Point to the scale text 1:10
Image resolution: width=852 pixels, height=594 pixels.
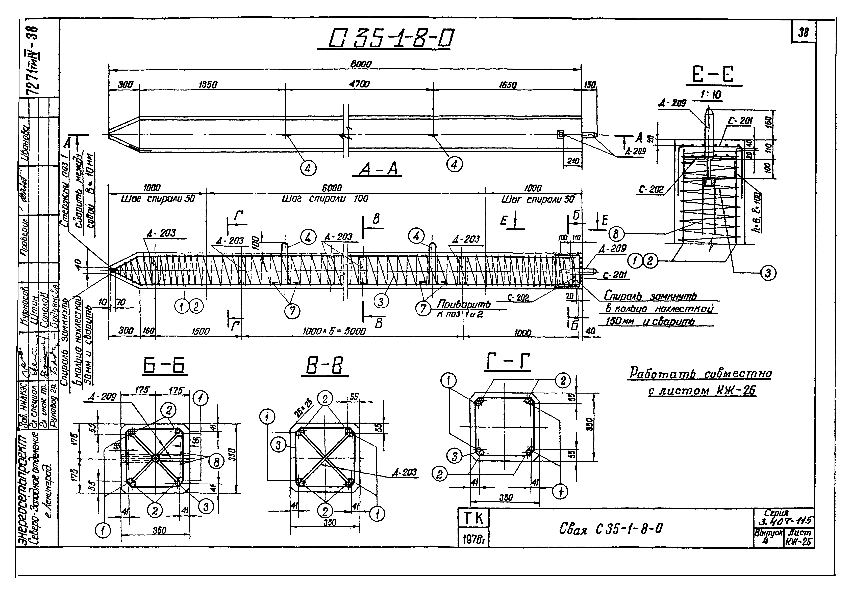pos(711,95)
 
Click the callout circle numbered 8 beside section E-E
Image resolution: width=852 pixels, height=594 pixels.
pos(616,234)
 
